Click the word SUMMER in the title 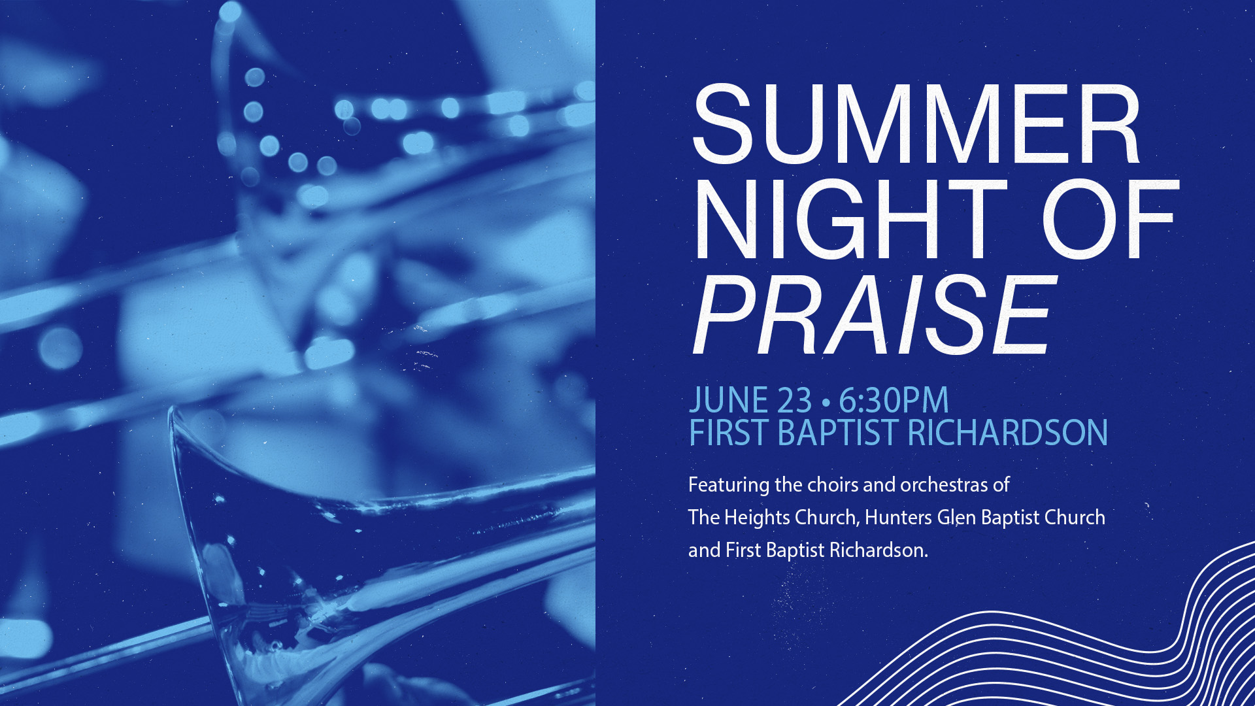pos(916,124)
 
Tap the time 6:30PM pos(894,401)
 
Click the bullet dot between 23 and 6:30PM pos(826,401)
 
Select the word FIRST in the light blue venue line pos(728,433)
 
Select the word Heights pos(757,518)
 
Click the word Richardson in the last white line pos(878,550)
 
